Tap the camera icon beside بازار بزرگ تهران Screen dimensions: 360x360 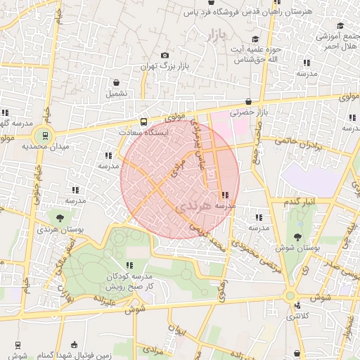pyautogui.click(x=165, y=56)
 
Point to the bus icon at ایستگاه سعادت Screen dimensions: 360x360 pyautogui.click(x=145, y=120)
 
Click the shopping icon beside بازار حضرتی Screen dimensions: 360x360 pyautogui.click(x=248, y=101)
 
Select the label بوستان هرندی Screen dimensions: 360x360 pyautogui.click(x=58, y=230)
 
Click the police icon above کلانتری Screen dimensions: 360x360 pyautogui.click(x=298, y=306)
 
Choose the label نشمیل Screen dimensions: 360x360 pyautogui.click(x=117, y=93)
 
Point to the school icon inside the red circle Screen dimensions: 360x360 pyautogui.click(x=224, y=195)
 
